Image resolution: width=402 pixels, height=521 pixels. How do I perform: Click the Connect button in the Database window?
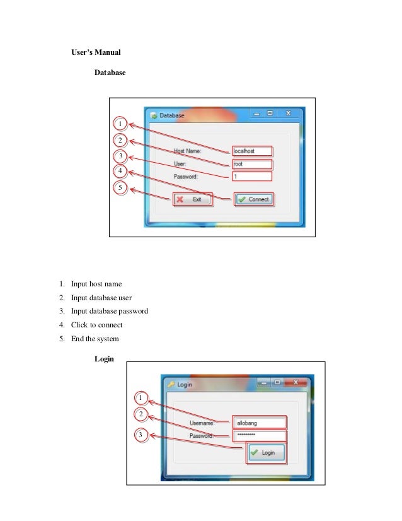[x=254, y=199]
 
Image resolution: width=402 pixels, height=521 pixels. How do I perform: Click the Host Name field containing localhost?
[x=251, y=151]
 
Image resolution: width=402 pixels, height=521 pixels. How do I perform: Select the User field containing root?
[x=251, y=164]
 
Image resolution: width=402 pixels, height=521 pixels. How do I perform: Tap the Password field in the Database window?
[x=251, y=177]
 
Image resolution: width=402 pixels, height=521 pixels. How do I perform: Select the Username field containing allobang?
[x=259, y=422]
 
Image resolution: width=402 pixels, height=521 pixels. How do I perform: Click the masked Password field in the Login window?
[x=259, y=436]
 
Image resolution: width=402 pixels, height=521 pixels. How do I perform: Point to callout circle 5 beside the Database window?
[x=120, y=187]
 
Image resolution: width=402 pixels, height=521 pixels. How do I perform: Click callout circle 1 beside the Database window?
[x=120, y=122]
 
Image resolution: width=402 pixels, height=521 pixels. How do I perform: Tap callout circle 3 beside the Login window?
[x=141, y=435]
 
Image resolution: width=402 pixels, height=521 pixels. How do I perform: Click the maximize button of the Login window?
[x=277, y=382]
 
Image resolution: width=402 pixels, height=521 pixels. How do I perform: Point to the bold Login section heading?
[x=103, y=359]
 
